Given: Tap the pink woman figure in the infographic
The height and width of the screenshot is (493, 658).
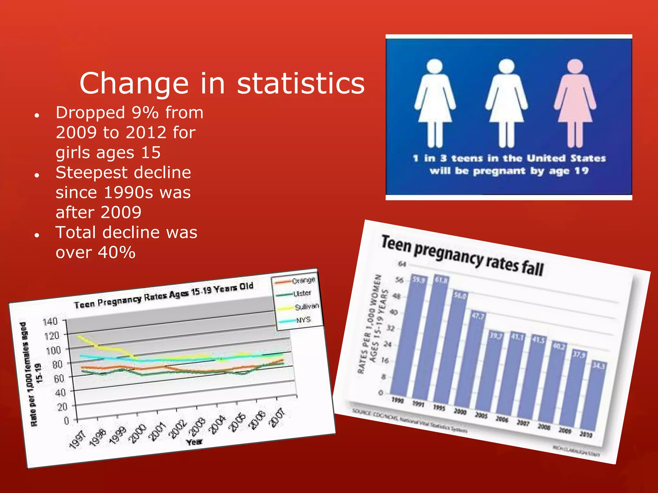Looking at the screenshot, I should coord(575,103).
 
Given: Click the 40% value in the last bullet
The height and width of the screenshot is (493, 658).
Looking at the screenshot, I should coord(117,252).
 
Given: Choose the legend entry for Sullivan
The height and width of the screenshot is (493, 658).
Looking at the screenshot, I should coord(306,307).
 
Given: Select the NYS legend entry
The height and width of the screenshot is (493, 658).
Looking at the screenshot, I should coord(303,320).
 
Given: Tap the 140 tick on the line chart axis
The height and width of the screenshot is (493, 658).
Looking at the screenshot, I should coord(50,321).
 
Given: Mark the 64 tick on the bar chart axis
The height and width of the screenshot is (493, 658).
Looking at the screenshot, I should coord(402,264).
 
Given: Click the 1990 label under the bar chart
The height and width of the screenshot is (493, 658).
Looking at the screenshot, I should coord(397,400).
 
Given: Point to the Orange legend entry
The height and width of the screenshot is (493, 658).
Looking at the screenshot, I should coord(303,281).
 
